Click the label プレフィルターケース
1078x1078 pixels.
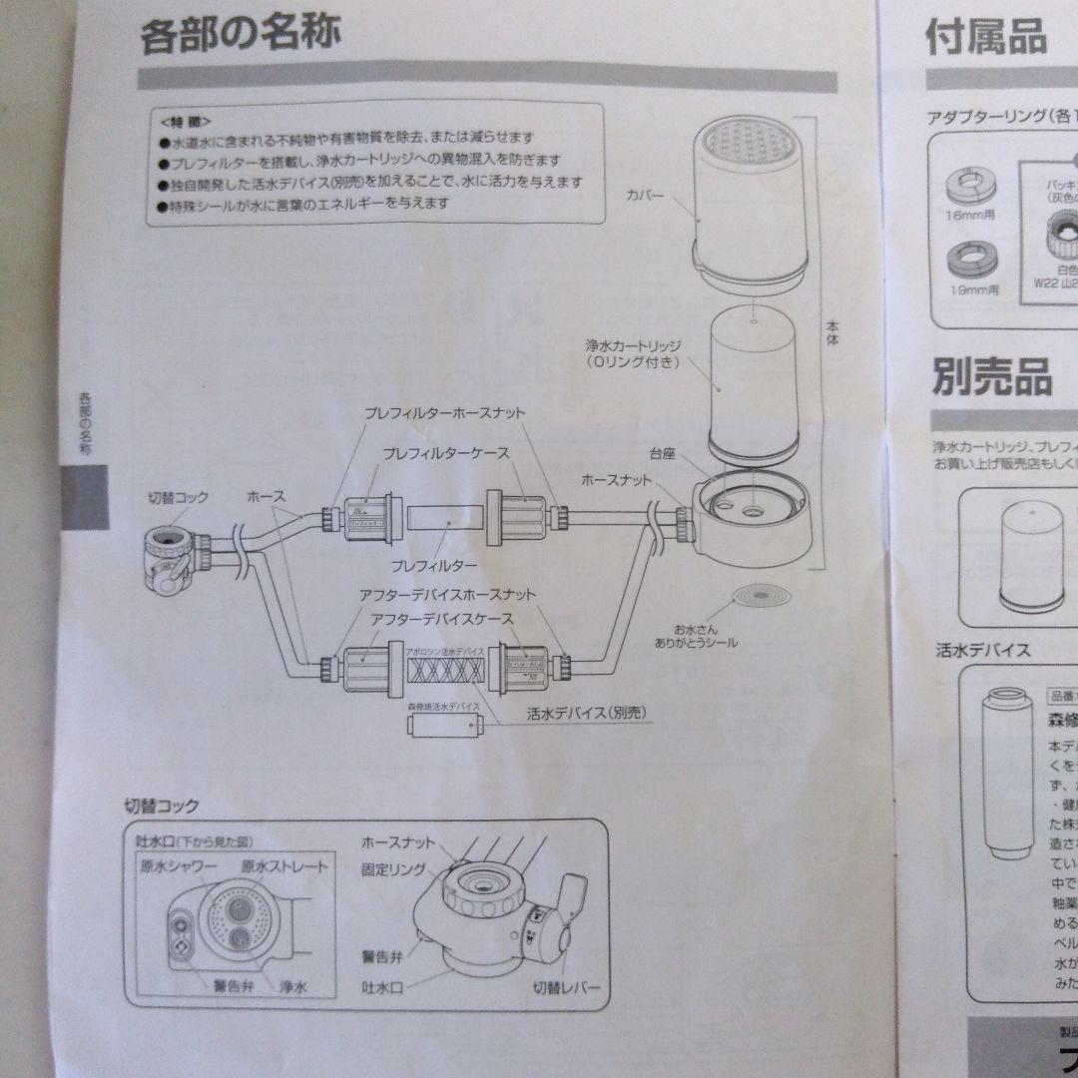click(x=446, y=453)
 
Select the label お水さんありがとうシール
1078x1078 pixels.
click(x=706, y=636)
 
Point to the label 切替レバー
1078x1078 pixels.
click(x=566, y=988)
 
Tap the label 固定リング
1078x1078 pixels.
click(x=393, y=869)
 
